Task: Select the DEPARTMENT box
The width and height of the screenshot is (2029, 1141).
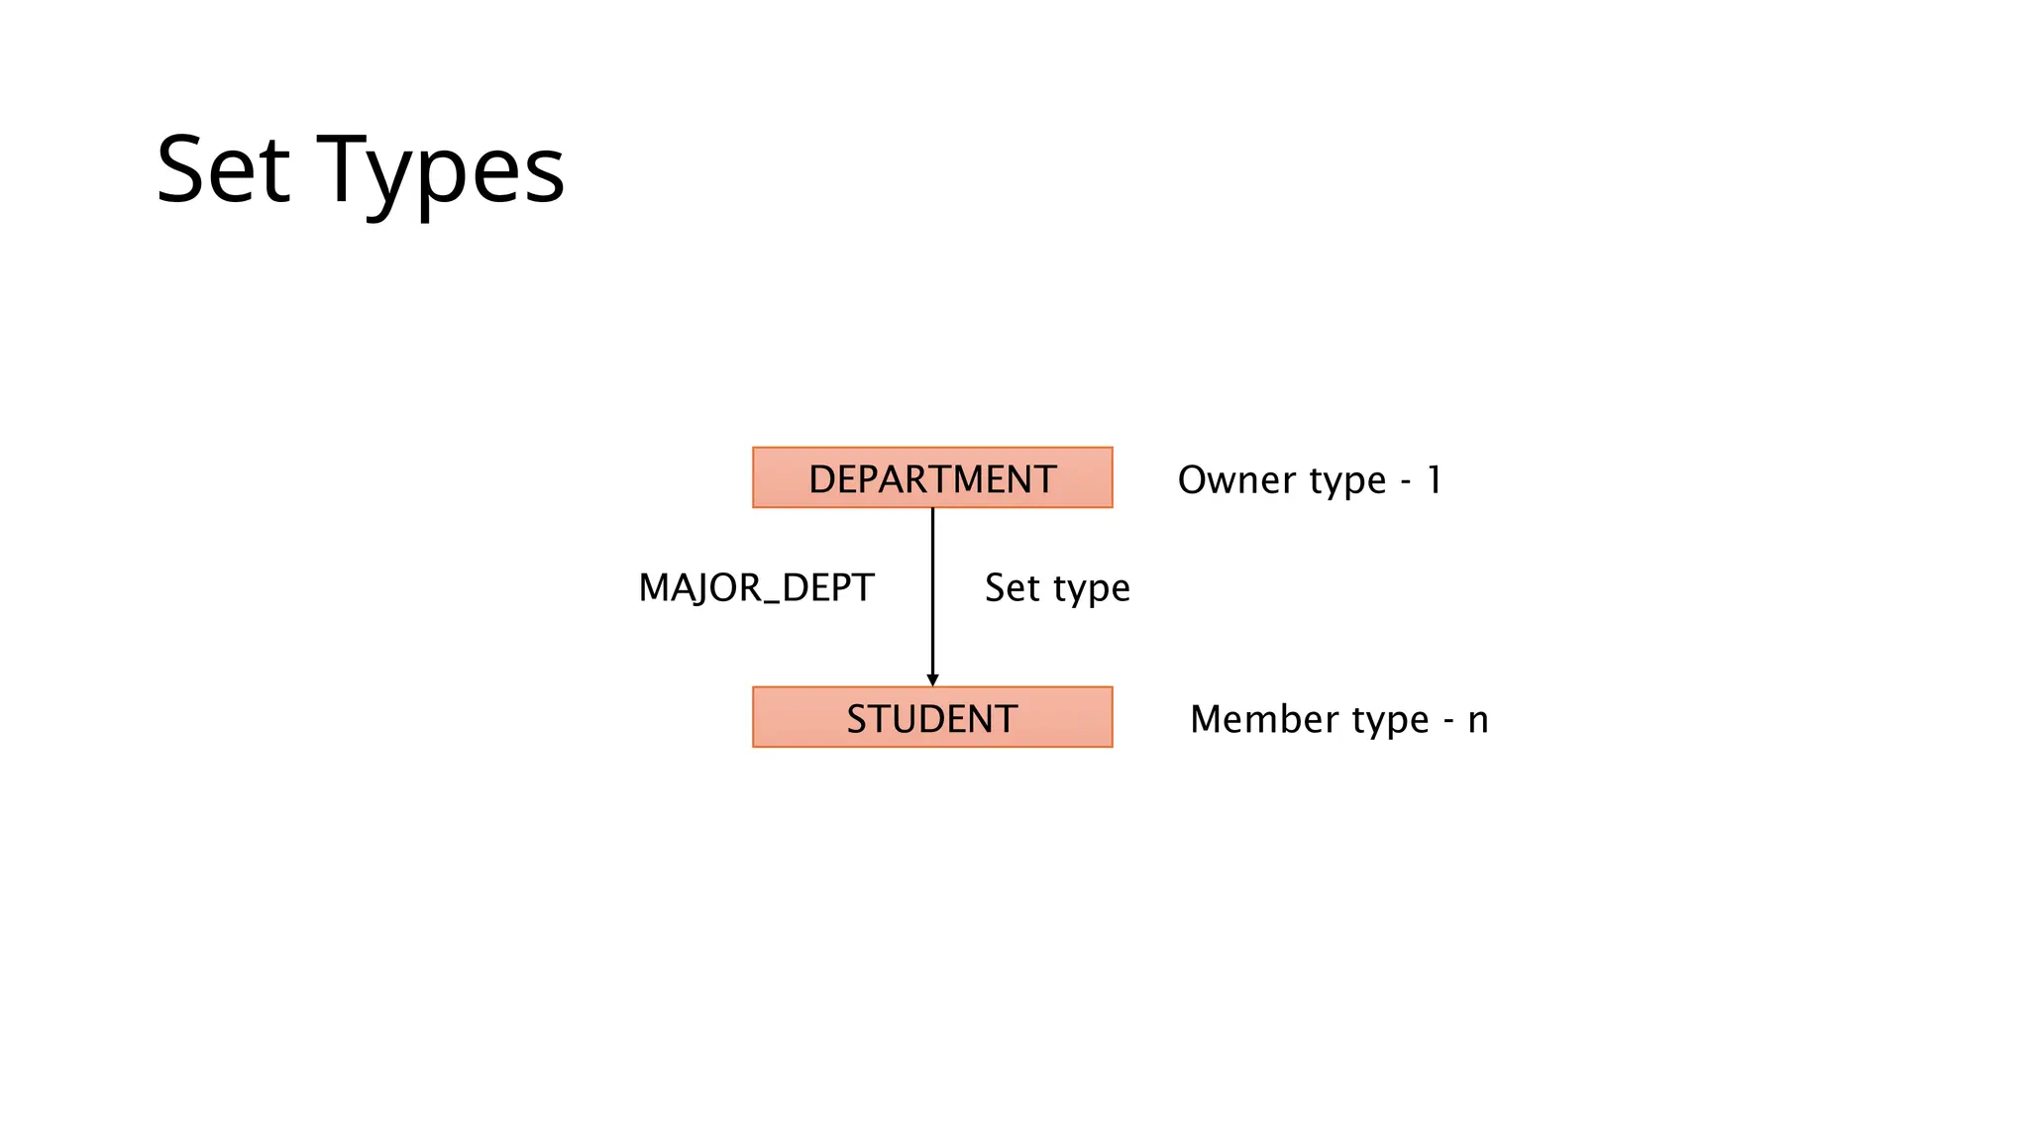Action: (932, 478)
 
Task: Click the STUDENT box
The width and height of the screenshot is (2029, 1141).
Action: (932, 718)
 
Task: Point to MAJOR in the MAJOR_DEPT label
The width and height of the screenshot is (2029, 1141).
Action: (699, 588)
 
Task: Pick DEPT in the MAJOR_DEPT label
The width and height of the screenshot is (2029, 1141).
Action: (828, 588)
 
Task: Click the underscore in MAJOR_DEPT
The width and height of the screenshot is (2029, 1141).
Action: (771, 600)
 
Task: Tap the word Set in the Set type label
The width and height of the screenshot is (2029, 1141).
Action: (1013, 588)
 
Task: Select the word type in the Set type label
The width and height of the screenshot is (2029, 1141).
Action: (1093, 590)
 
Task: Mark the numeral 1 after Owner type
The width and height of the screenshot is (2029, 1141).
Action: (1435, 480)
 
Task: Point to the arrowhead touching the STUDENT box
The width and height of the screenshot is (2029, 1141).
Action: (932, 679)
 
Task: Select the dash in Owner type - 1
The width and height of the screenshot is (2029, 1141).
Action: (1406, 483)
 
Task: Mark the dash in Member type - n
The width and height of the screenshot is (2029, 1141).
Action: (1448, 723)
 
